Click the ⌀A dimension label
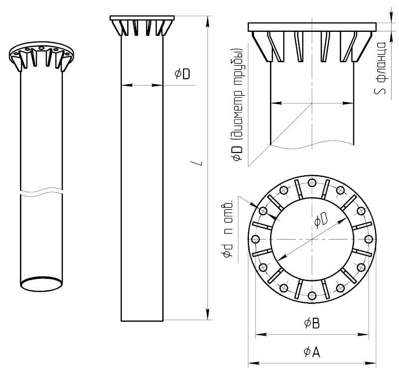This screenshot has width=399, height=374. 312,352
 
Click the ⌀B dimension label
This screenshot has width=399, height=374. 312,323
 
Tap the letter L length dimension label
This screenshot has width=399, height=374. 200,163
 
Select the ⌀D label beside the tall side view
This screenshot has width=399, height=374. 182,74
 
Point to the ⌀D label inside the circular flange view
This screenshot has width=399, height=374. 321,219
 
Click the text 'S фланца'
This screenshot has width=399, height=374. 380,68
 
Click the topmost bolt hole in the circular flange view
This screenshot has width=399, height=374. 312,183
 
